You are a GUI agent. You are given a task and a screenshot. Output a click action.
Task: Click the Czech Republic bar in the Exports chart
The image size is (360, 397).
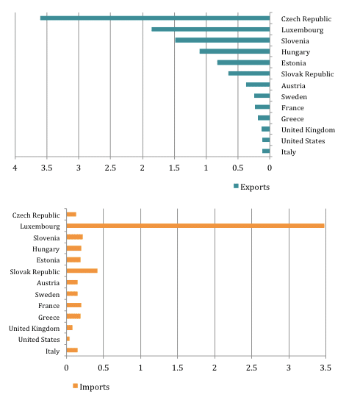point(155,18)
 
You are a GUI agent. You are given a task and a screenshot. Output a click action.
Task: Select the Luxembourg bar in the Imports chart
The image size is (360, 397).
point(195,226)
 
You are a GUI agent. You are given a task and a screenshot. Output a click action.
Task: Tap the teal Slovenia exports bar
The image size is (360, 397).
point(223,40)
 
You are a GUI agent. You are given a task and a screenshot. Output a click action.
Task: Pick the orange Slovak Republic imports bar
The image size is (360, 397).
point(82,271)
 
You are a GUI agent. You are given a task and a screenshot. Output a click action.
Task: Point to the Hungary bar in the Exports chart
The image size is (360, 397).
point(235,51)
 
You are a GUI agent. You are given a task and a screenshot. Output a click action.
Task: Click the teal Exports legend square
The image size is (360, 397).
point(236,186)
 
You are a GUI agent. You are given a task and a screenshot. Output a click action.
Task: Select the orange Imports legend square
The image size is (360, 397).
point(75,386)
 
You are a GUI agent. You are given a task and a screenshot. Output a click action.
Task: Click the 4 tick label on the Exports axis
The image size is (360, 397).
point(15,168)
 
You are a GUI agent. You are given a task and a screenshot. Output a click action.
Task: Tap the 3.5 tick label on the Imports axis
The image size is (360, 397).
point(325,368)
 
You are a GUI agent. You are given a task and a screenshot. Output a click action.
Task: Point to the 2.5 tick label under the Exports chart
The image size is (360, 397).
point(110,168)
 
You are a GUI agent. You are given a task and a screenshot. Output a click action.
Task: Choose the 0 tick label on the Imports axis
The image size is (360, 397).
point(66,368)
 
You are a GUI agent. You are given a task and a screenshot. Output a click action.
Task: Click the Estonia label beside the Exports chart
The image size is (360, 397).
point(293,63)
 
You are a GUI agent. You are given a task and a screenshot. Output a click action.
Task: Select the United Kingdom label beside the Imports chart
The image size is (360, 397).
point(34,329)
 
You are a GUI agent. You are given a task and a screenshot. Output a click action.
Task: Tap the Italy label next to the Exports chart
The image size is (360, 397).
point(289,152)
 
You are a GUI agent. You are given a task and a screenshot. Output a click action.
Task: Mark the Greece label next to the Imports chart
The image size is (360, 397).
point(48,318)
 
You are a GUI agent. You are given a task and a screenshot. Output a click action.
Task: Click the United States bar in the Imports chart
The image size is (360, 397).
point(68,339)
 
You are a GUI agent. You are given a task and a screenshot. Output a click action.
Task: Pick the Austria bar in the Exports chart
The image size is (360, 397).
point(258,85)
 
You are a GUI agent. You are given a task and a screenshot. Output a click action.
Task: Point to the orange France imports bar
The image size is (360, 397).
point(74,305)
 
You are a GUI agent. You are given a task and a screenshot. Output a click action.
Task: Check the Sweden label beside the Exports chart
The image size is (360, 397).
point(294,97)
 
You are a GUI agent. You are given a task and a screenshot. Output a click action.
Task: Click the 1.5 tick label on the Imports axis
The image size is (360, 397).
point(178,368)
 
